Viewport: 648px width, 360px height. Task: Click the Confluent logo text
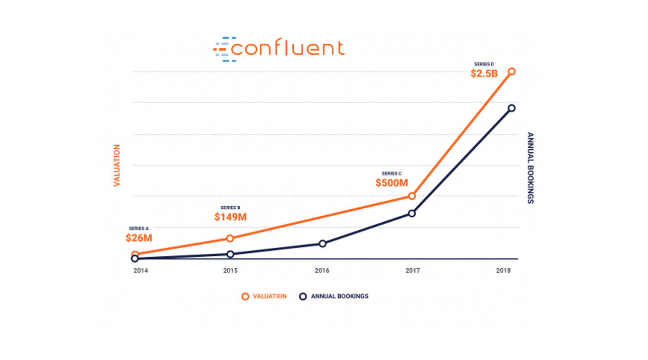pyautogui.click(x=288, y=49)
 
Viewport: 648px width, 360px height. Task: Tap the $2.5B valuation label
pyautogui.click(x=484, y=74)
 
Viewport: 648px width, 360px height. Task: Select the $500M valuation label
pyautogui.click(x=392, y=182)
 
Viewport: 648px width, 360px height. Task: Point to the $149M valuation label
pyautogui.click(x=230, y=217)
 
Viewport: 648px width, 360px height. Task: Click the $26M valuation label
pyautogui.click(x=138, y=238)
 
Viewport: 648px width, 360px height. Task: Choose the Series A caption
pyautogui.click(x=138, y=229)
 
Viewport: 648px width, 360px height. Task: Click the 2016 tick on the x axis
pyautogui.click(x=322, y=271)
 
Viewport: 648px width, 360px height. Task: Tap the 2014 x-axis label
pyautogui.click(x=141, y=271)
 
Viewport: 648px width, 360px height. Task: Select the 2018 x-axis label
pyautogui.click(x=503, y=271)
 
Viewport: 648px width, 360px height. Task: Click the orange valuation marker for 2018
pyautogui.click(x=512, y=71)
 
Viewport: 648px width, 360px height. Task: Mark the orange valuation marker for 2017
pyautogui.click(x=411, y=196)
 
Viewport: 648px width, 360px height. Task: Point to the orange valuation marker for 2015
pyautogui.click(x=230, y=239)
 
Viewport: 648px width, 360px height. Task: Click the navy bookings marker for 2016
pyautogui.click(x=323, y=243)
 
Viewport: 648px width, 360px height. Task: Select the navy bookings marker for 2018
pyautogui.click(x=512, y=108)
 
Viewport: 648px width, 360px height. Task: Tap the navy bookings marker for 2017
pyautogui.click(x=411, y=213)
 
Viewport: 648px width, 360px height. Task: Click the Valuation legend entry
pyautogui.click(x=264, y=297)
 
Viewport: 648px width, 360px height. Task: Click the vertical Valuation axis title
pyautogui.click(x=117, y=165)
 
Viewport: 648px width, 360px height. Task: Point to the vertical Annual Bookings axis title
pyautogui.click(x=530, y=168)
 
